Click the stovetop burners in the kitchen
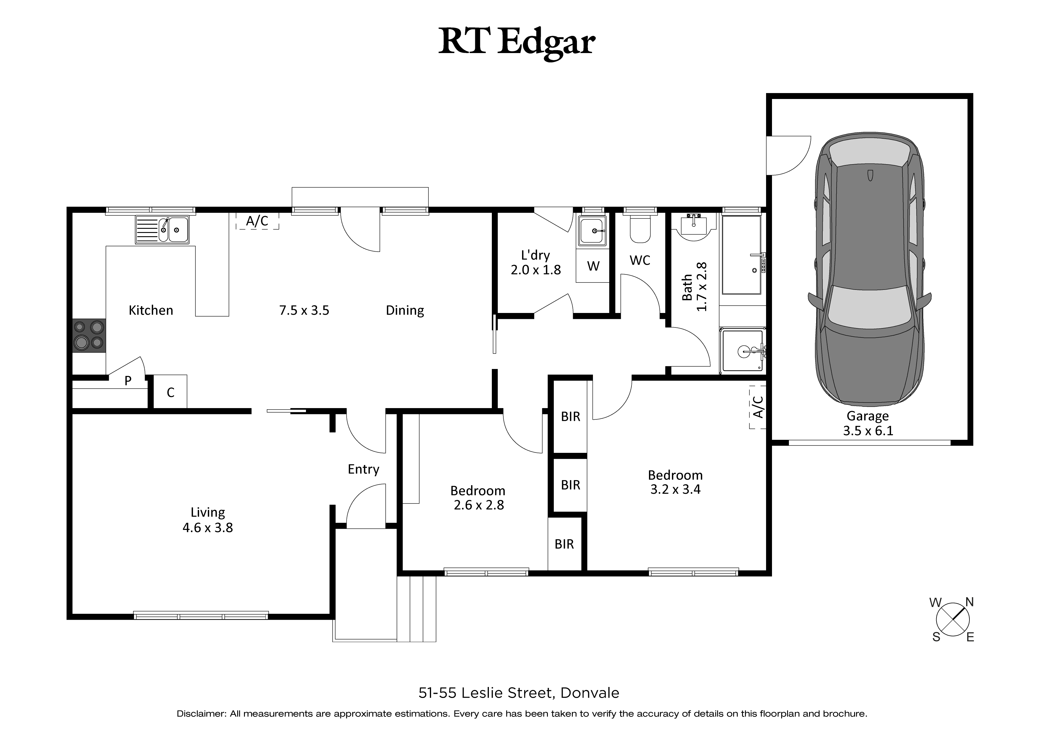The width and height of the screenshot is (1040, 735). point(89,335)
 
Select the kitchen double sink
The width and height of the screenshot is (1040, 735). point(162,230)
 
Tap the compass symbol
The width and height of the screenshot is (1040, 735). point(953,619)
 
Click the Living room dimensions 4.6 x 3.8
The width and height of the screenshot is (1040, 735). point(208,528)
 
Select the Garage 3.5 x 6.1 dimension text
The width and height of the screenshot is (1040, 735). point(868,430)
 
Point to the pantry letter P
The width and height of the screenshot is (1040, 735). point(128,381)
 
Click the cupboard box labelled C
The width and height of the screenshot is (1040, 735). point(170,392)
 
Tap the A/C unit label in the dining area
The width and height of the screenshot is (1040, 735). point(257,221)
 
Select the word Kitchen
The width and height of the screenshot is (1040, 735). point(151,310)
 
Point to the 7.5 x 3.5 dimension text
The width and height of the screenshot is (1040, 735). point(304,310)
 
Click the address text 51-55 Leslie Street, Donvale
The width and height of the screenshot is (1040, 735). point(519,693)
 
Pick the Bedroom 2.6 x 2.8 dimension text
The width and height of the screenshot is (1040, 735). point(479,505)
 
